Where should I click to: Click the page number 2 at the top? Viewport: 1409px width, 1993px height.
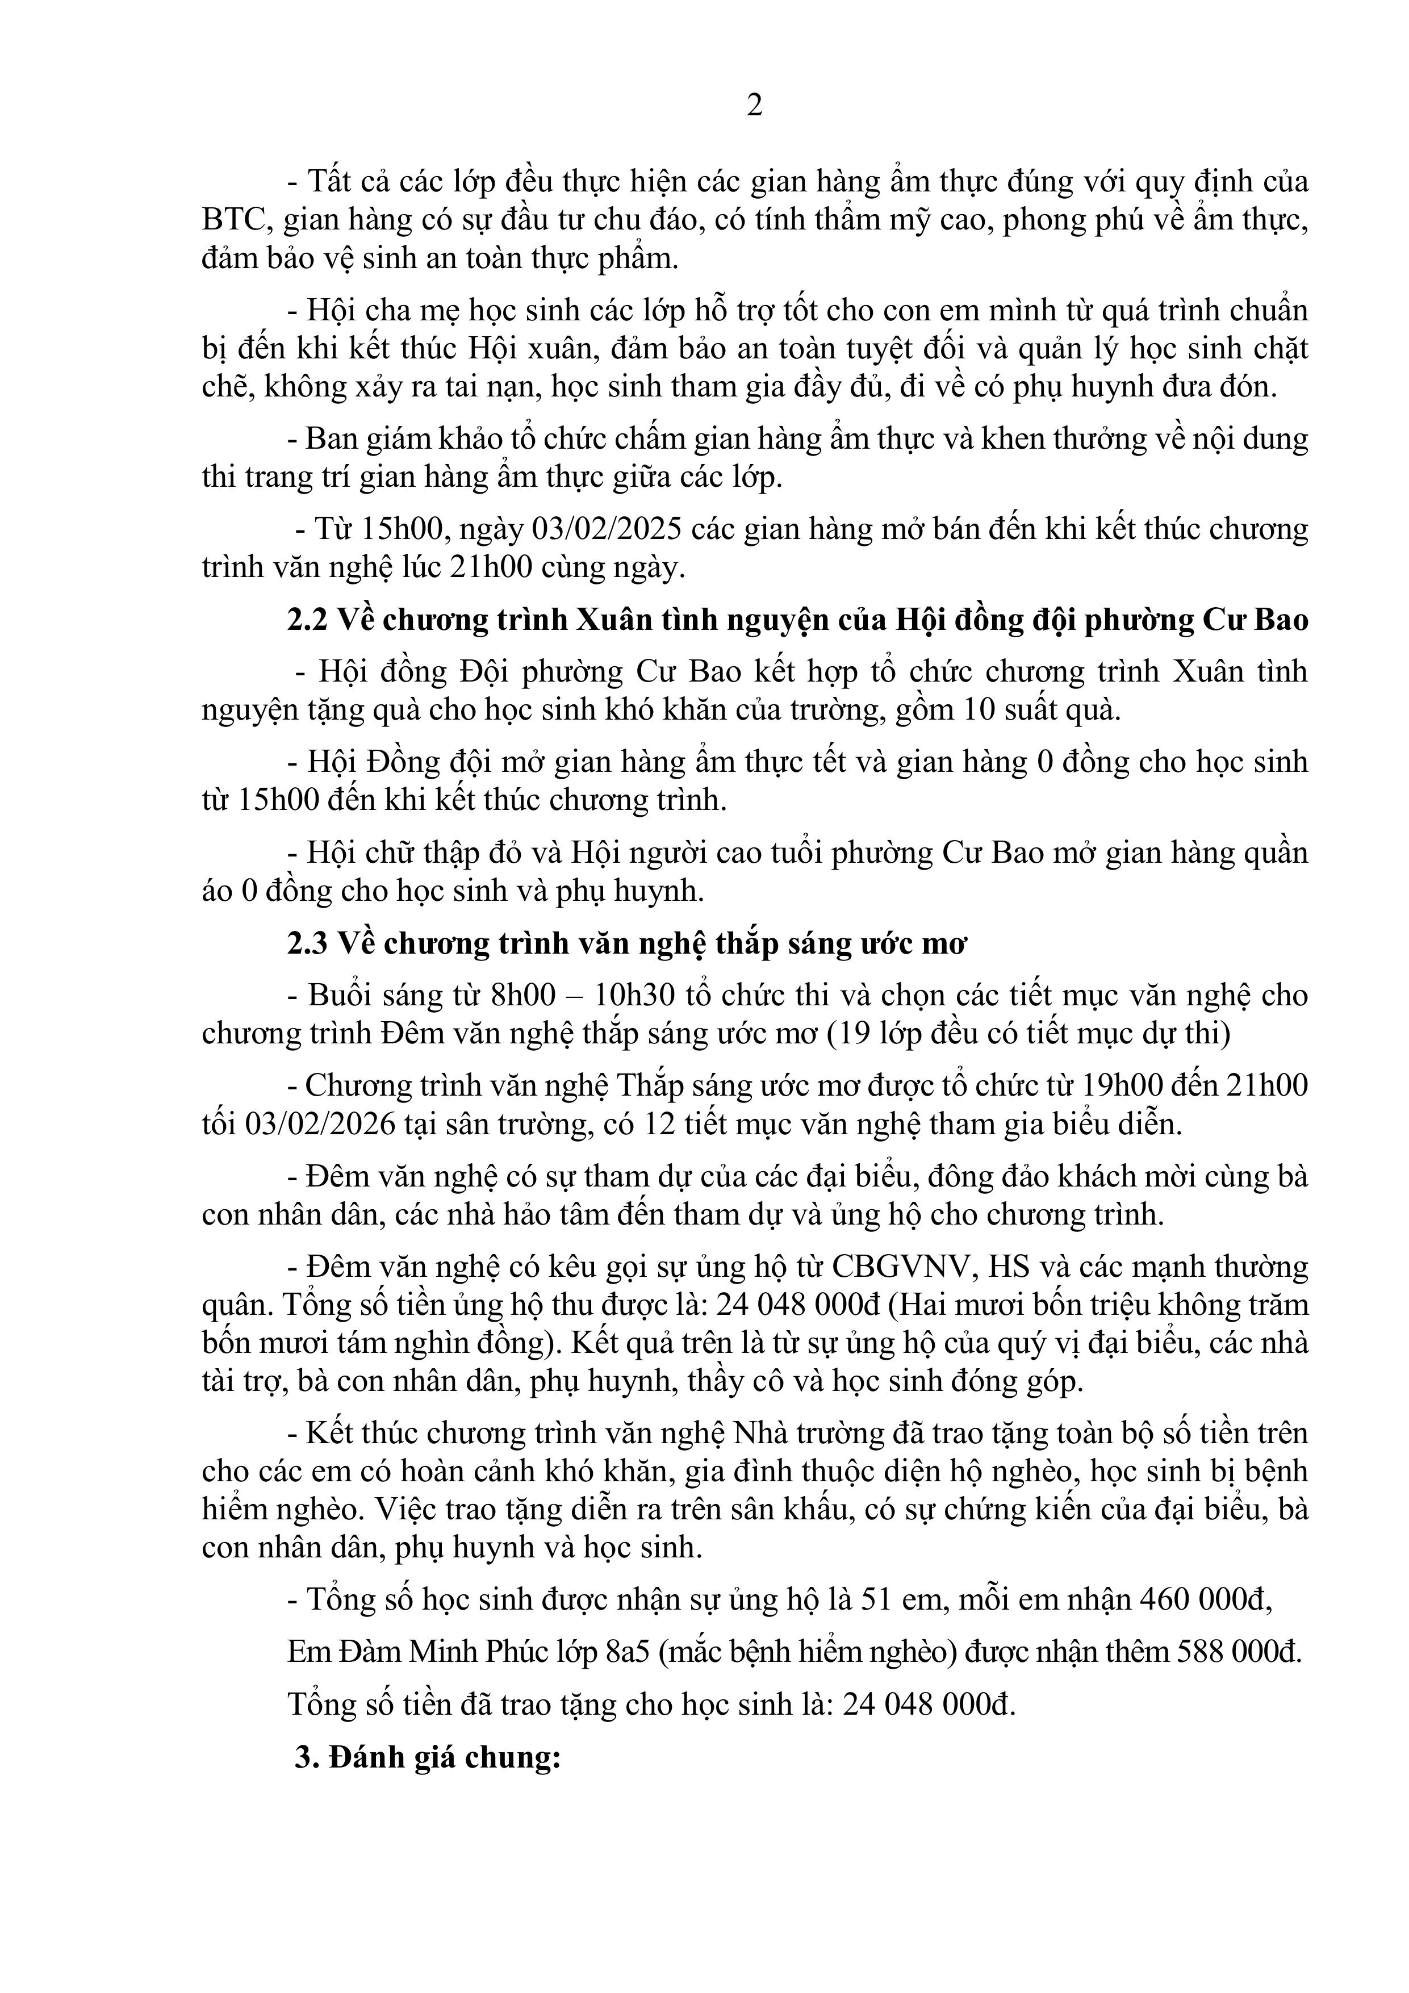pos(754,105)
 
